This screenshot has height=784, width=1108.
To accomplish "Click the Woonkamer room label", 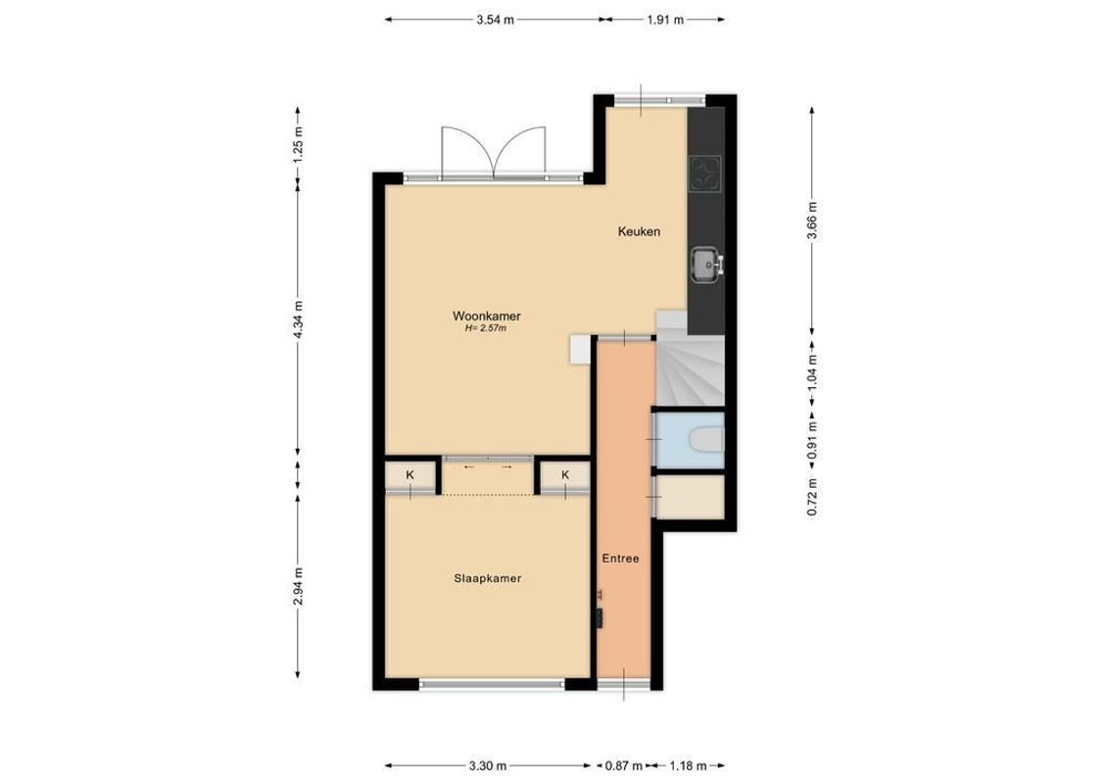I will pyautogui.click(x=485, y=317).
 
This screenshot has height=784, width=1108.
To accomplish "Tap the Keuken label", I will pyautogui.click(x=638, y=232).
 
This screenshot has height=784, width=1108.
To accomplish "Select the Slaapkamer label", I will pyautogui.click(x=487, y=579).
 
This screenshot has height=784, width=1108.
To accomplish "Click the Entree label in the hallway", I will pyautogui.click(x=621, y=559).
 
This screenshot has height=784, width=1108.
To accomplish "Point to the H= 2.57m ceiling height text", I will pyautogui.click(x=485, y=329).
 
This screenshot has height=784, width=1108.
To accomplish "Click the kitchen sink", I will pyautogui.click(x=704, y=263).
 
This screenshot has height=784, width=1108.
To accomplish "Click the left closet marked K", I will pyautogui.click(x=410, y=475).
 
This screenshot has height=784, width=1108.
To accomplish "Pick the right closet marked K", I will pyautogui.click(x=566, y=475).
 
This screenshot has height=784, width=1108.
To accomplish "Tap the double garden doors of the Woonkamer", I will pyautogui.click(x=492, y=154).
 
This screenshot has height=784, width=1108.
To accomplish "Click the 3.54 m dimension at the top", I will pyautogui.click(x=495, y=19).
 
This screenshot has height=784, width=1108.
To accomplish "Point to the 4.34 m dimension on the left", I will pyautogui.click(x=299, y=319).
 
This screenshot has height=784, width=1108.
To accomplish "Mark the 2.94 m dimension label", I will pyautogui.click(x=299, y=587).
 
